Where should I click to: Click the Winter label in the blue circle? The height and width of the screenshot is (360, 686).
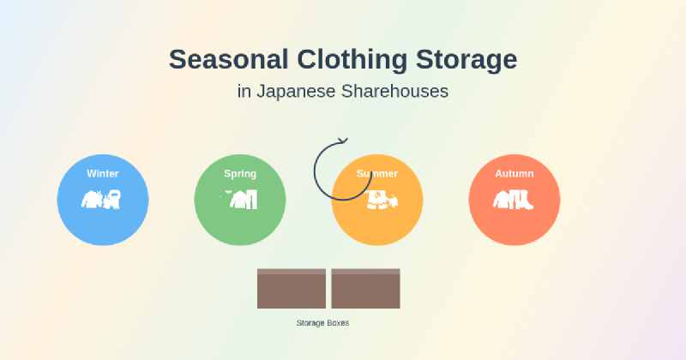click(103, 174)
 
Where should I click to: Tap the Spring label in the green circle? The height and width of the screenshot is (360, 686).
click(240, 174)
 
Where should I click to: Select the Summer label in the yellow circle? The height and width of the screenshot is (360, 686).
click(377, 174)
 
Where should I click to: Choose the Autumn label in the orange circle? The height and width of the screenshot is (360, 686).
click(514, 174)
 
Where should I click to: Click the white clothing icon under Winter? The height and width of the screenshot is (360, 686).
click(102, 200)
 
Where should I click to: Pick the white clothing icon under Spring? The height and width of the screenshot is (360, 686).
click(240, 200)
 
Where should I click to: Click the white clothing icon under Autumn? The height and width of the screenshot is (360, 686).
click(514, 200)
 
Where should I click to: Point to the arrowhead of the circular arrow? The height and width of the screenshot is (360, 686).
click(343, 140)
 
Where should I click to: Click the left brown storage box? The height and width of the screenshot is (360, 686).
click(292, 291)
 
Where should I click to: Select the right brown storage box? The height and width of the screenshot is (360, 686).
click(365, 291)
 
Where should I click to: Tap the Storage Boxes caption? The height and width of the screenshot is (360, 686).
click(322, 322)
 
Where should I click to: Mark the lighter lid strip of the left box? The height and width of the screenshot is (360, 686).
click(292, 272)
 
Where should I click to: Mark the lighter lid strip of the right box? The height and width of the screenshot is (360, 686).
click(365, 272)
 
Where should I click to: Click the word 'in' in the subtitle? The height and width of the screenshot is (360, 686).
click(243, 91)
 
